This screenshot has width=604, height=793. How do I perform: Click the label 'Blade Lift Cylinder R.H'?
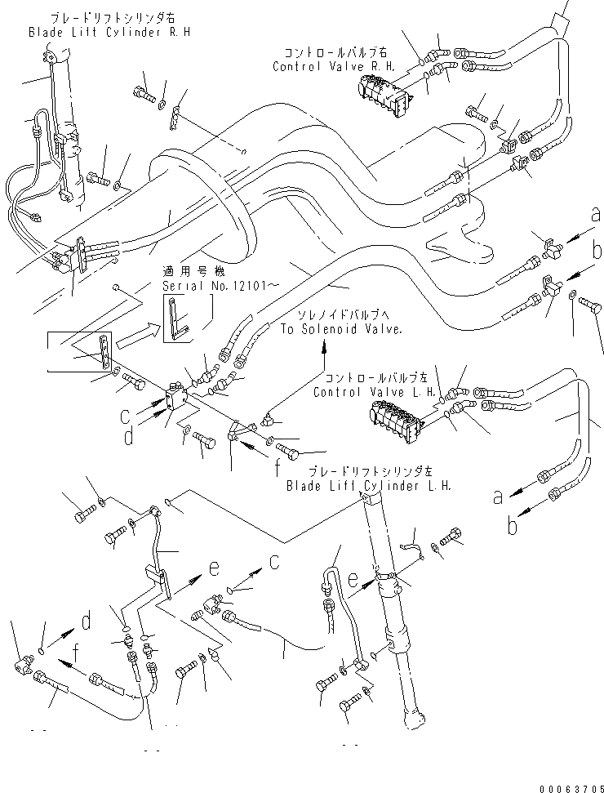click(109, 33)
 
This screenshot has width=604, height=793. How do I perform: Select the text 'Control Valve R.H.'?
click(334, 66)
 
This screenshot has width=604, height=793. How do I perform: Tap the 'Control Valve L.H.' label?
click(375, 392)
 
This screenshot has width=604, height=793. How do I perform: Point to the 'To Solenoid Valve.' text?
click(342, 329)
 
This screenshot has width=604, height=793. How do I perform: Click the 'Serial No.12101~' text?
click(220, 286)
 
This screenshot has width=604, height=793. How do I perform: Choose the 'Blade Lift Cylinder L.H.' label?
click(368, 486)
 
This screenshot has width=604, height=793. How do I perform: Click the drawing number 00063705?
click(571, 788)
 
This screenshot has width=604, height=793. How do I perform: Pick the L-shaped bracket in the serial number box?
click(177, 319)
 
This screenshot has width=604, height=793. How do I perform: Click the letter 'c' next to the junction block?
click(126, 417)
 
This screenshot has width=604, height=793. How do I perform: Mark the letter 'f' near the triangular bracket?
click(278, 468)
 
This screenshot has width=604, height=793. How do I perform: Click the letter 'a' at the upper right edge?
click(597, 215)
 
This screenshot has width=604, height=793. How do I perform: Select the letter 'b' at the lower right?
click(513, 525)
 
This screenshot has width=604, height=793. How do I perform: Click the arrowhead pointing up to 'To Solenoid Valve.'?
click(324, 345)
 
